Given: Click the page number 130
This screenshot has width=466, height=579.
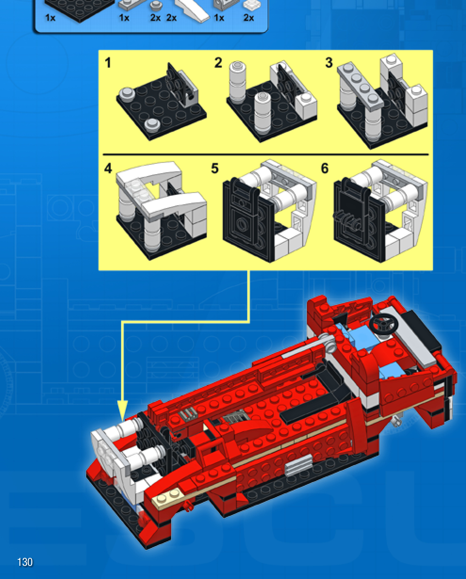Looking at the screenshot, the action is click(25, 562).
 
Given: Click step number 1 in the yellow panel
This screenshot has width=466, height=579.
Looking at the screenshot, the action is click(108, 62).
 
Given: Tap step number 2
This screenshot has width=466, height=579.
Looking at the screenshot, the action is click(218, 62).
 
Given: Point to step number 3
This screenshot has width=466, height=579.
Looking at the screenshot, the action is click(329, 62).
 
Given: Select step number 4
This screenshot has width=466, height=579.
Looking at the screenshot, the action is click(108, 169).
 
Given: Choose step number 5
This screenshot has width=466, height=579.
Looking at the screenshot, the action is click(215, 169).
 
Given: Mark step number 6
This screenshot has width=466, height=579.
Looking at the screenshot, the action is click(325, 169).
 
